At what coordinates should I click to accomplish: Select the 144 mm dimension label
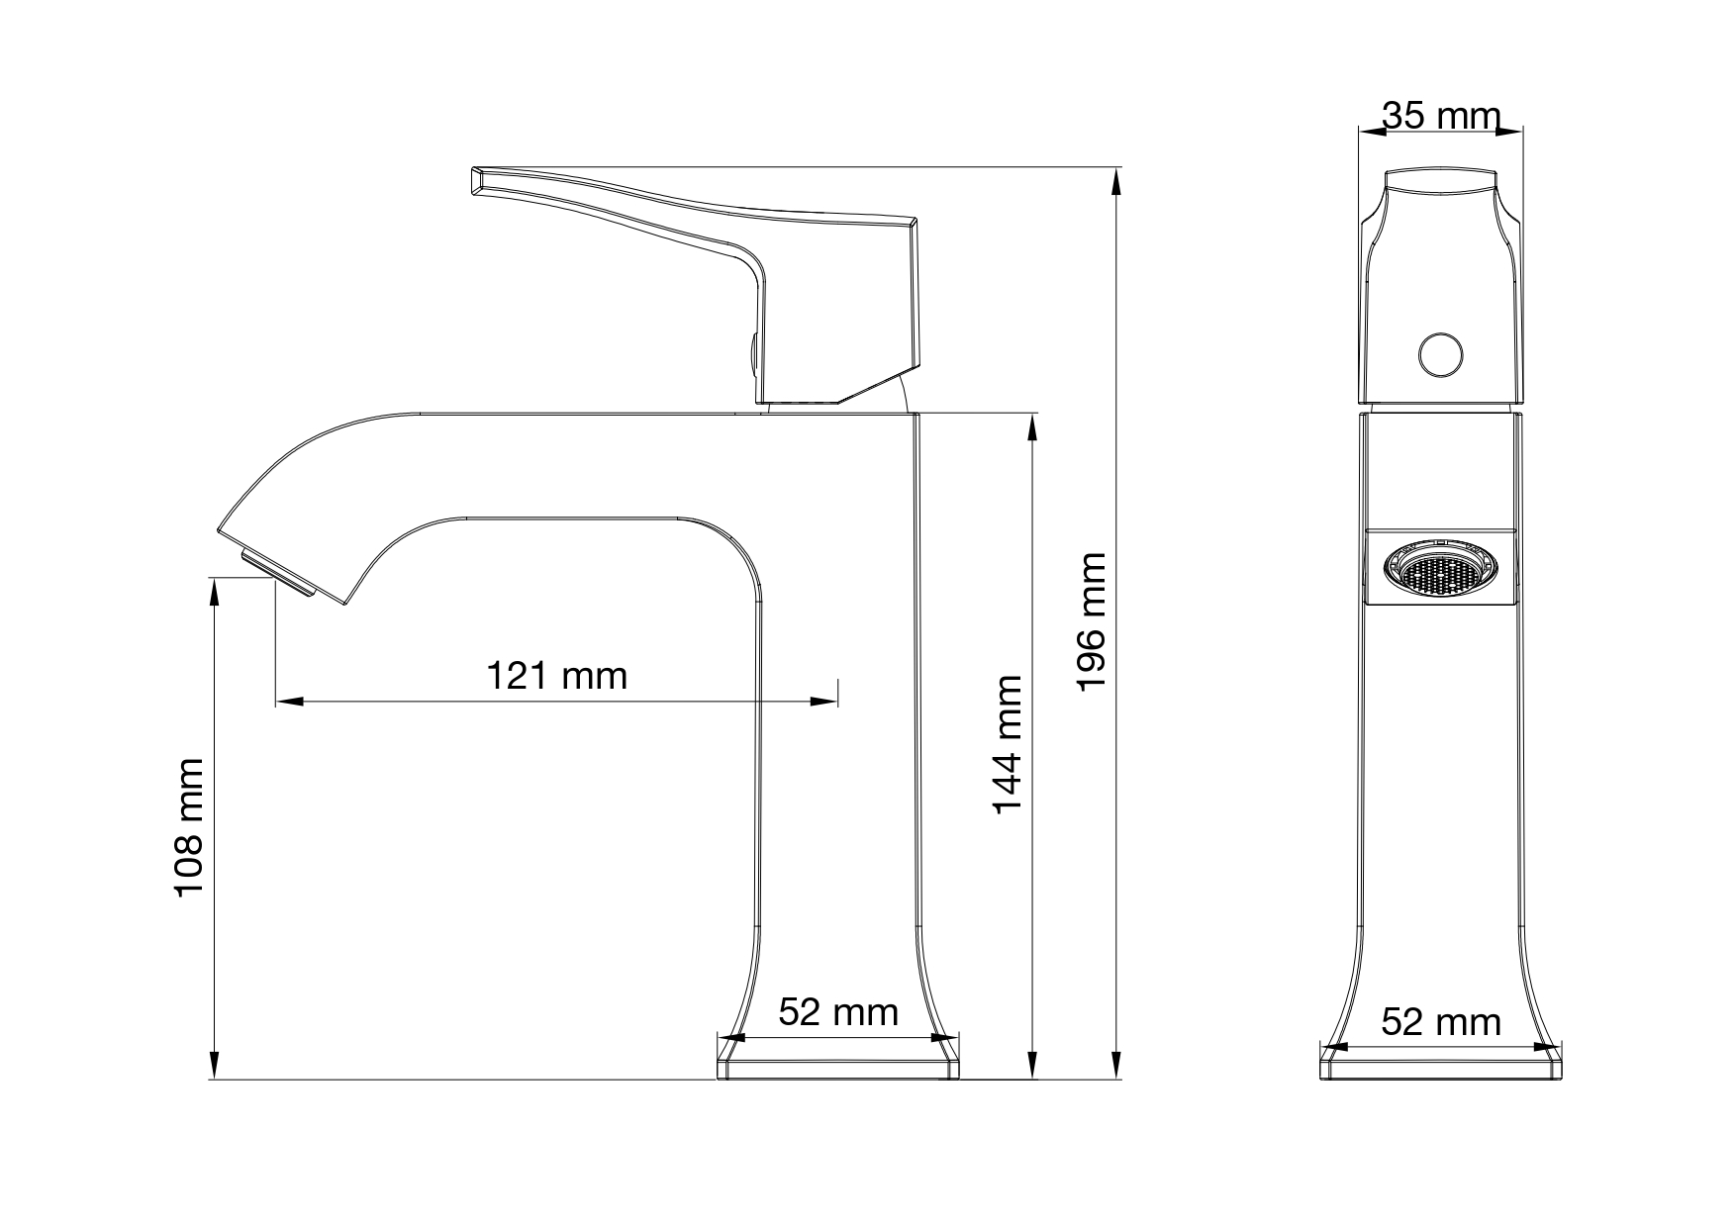click(x=1007, y=745)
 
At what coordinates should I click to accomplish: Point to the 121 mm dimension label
click(x=557, y=676)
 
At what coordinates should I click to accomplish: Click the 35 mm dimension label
click(x=1441, y=116)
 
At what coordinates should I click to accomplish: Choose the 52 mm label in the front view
click(x=838, y=1012)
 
